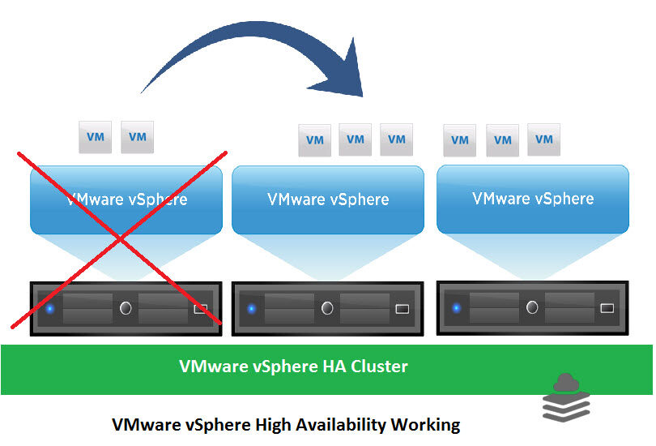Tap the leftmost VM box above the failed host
click(95, 138)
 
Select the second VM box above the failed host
click(137, 138)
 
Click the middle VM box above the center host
click(355, 139)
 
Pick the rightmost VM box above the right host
click(543, 139)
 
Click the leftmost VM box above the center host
click(314, 140)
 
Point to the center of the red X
click(120, 238)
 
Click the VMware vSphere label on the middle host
click(328, 199)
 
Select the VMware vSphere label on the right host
click(533, 198)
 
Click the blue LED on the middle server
click(251, 308)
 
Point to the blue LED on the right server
click(456, 308)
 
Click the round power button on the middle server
click(327, 308)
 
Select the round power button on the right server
click(532, 308)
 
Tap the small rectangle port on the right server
click(607, 308)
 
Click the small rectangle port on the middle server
click(403, 308)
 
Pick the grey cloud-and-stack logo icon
click(564, 398)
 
